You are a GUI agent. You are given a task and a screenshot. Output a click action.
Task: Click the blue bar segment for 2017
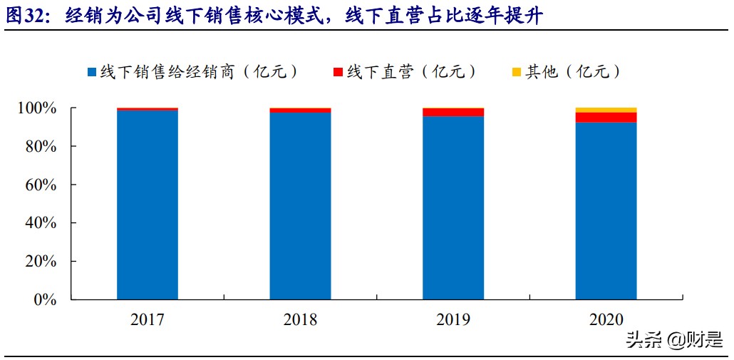(x=148, y=205)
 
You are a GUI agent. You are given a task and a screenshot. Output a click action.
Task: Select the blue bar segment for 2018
(x=300, y=205)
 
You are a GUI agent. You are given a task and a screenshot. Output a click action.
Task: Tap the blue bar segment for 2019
(x=453, y=207)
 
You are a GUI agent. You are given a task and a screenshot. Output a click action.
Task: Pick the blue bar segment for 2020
(x=606, y=210)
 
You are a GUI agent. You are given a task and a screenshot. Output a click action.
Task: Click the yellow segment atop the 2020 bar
(x=606, y=110)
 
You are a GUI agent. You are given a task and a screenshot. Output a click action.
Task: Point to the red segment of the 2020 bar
(x=606, y=118)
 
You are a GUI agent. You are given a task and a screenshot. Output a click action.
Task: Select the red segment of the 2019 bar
(x=453, y=112)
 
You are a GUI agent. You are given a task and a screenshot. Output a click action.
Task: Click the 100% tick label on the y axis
(x=36, y=108)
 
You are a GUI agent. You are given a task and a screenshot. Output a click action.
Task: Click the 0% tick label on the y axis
(x=44, y=299)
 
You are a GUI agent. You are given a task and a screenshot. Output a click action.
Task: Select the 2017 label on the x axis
(x=148, y=319)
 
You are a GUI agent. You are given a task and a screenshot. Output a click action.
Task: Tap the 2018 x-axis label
(x=300, y=319)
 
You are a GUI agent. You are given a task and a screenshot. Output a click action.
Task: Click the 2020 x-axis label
(x=606, y=319)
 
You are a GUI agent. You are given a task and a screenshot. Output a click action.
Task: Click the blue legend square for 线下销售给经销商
(x=91, y=72)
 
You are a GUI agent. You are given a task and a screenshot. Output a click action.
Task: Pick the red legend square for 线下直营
(x=338, y=72)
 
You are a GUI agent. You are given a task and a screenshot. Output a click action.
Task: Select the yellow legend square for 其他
(x=517, y=72)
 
